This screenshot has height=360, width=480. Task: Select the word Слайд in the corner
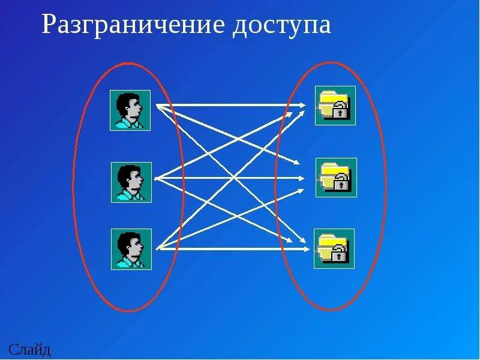pyautogui.click(x=29, y=349)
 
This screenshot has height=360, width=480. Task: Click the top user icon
pyautogui.click(x=130, y=110)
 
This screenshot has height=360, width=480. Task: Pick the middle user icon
pyautogui.click(x=131, y=182)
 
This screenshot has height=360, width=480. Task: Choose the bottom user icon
pyautogui.click(x=131, y=248)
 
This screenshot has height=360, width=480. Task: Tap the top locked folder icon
pyautogui.click(x=335, y=106)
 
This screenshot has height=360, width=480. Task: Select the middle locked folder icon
pyautogui.click(x=337, y=178)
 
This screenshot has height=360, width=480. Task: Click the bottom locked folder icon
pyautogui.click(x=334, y=248)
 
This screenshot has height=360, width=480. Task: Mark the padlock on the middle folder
pyautogui.click(x=341, y=182)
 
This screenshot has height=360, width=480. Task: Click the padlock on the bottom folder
pyautogui.click(x=340, y=253)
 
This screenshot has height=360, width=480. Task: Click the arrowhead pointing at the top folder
pyautogui.click(x=303, y=106)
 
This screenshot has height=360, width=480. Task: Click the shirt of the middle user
pyautogui.click(x=128, y=194)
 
